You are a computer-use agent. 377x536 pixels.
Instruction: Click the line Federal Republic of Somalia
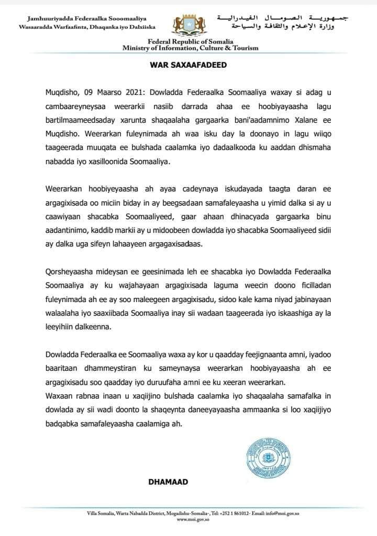tap(190, 42)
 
